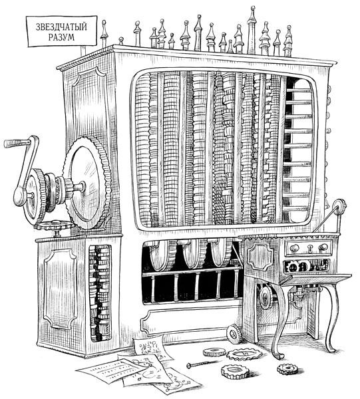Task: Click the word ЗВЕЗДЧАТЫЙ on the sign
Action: point(61,27)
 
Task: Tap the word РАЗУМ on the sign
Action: point(61,37)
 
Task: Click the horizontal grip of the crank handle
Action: point(16,143)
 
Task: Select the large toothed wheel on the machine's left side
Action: point(88,182)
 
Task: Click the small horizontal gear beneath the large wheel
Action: point(55,225)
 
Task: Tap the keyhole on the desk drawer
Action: point(310,248)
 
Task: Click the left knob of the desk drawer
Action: point(294,247)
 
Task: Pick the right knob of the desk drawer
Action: point(323,247)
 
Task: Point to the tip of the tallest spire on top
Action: point(253,7)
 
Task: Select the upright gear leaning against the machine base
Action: point(234,334)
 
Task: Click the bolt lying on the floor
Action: point(203,364)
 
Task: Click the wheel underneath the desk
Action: point(267,297)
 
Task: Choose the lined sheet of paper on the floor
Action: point(112,371)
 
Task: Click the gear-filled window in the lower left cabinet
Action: point(100,293)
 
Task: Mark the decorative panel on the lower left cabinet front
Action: point(61,289)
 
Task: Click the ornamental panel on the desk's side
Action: point(260,257)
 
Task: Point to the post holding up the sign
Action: point(83,51)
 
